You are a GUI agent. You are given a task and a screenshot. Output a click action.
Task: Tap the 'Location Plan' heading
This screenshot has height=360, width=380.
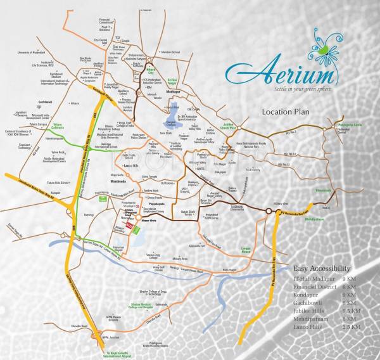(x=290, y=112)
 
